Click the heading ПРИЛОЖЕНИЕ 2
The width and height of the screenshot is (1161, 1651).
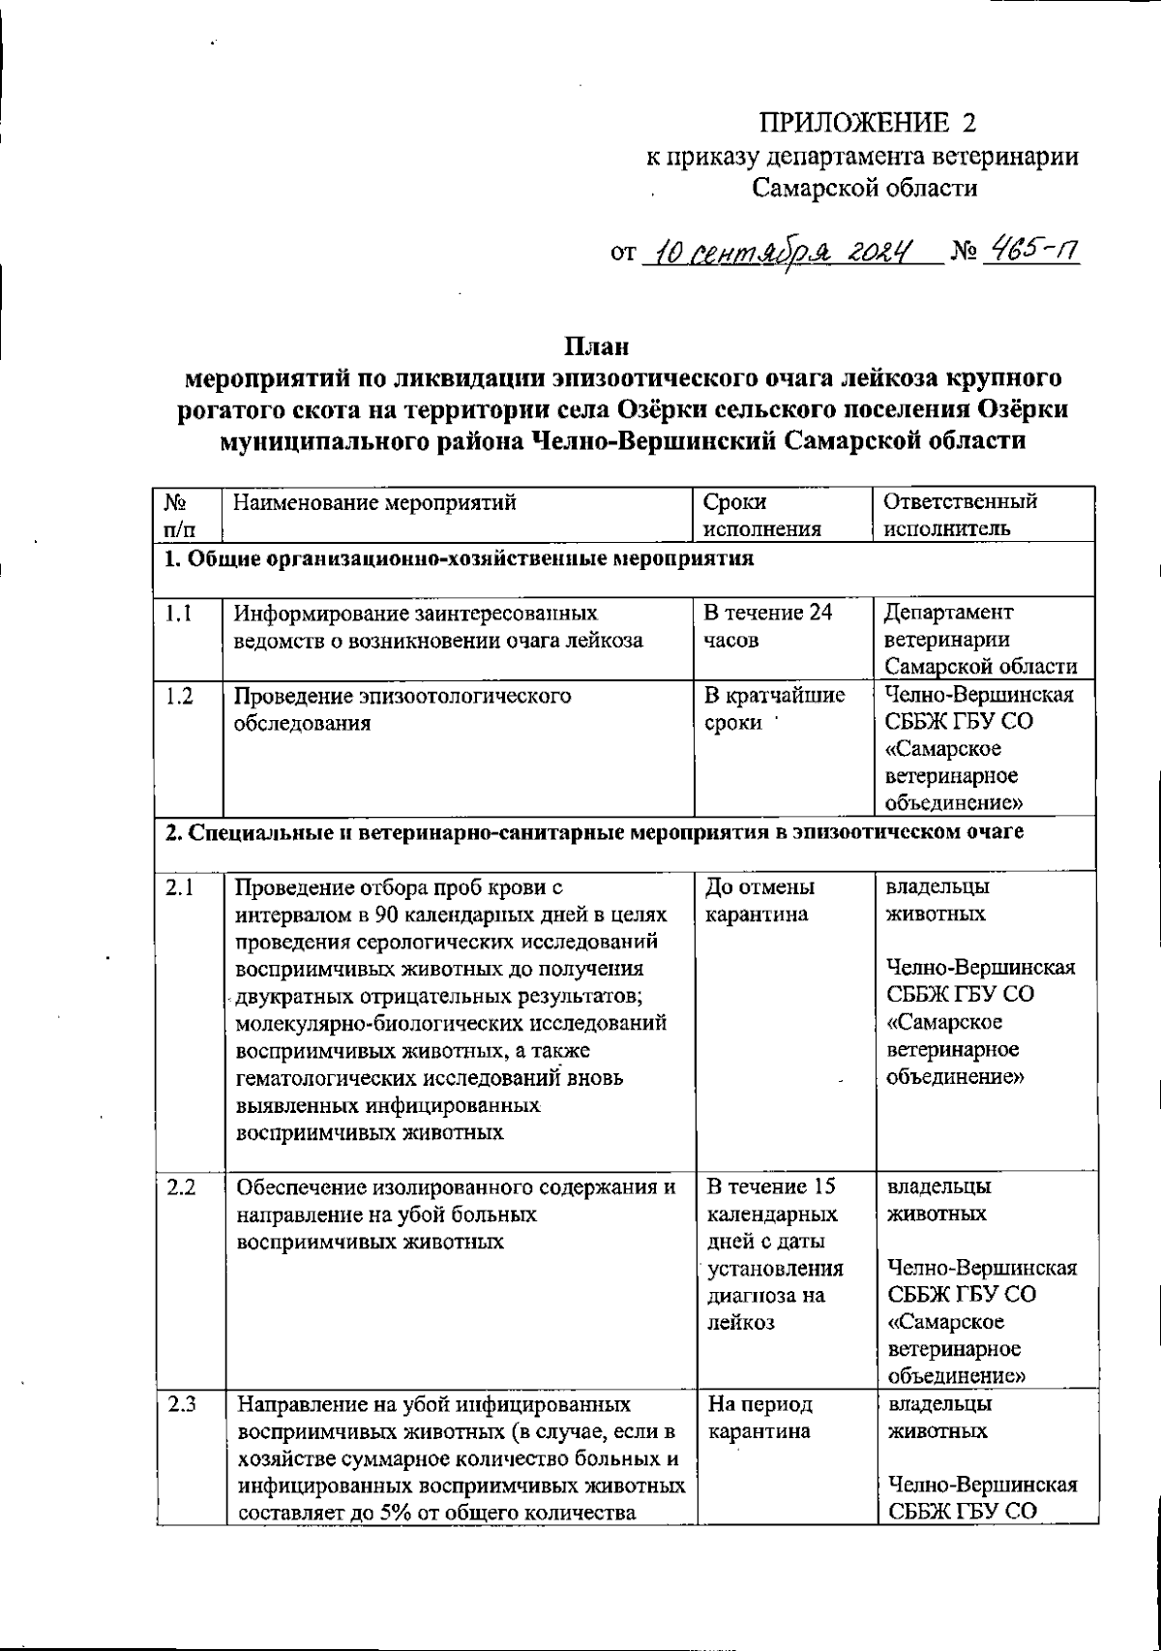click(868, 123)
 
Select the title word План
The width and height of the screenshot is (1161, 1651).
click(596, 345)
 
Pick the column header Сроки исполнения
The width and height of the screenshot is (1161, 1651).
click(762, 515)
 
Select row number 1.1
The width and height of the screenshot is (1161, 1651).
click(177, 613)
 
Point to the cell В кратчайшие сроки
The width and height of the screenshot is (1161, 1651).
click(773, 709)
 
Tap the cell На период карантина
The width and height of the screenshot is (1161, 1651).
click(759, 1418)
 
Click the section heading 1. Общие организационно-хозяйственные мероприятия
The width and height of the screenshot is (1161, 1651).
click(459, 558)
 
